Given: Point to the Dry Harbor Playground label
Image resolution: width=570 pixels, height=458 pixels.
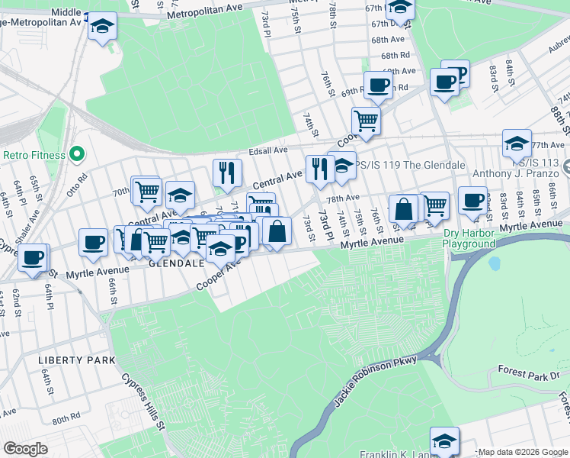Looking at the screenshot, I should pyautogui.click(x=469, y=239).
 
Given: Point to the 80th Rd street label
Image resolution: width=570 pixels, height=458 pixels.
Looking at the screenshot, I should pyautogui.click(x=67, y=419).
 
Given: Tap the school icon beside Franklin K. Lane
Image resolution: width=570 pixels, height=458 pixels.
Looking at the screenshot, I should pyautogui.click(x=445, y=440).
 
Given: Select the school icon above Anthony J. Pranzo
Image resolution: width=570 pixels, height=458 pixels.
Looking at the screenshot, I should pyautogui.click(x=517, y=144).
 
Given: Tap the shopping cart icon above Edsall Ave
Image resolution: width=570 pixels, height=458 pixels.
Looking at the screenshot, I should pyautogui.click(x=367, y=120).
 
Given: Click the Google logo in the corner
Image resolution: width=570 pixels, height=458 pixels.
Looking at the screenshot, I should pyautogui.click(x=25, y=449).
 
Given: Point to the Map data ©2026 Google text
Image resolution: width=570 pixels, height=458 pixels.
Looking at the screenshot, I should pyautogui.click(x=522, y=452).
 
